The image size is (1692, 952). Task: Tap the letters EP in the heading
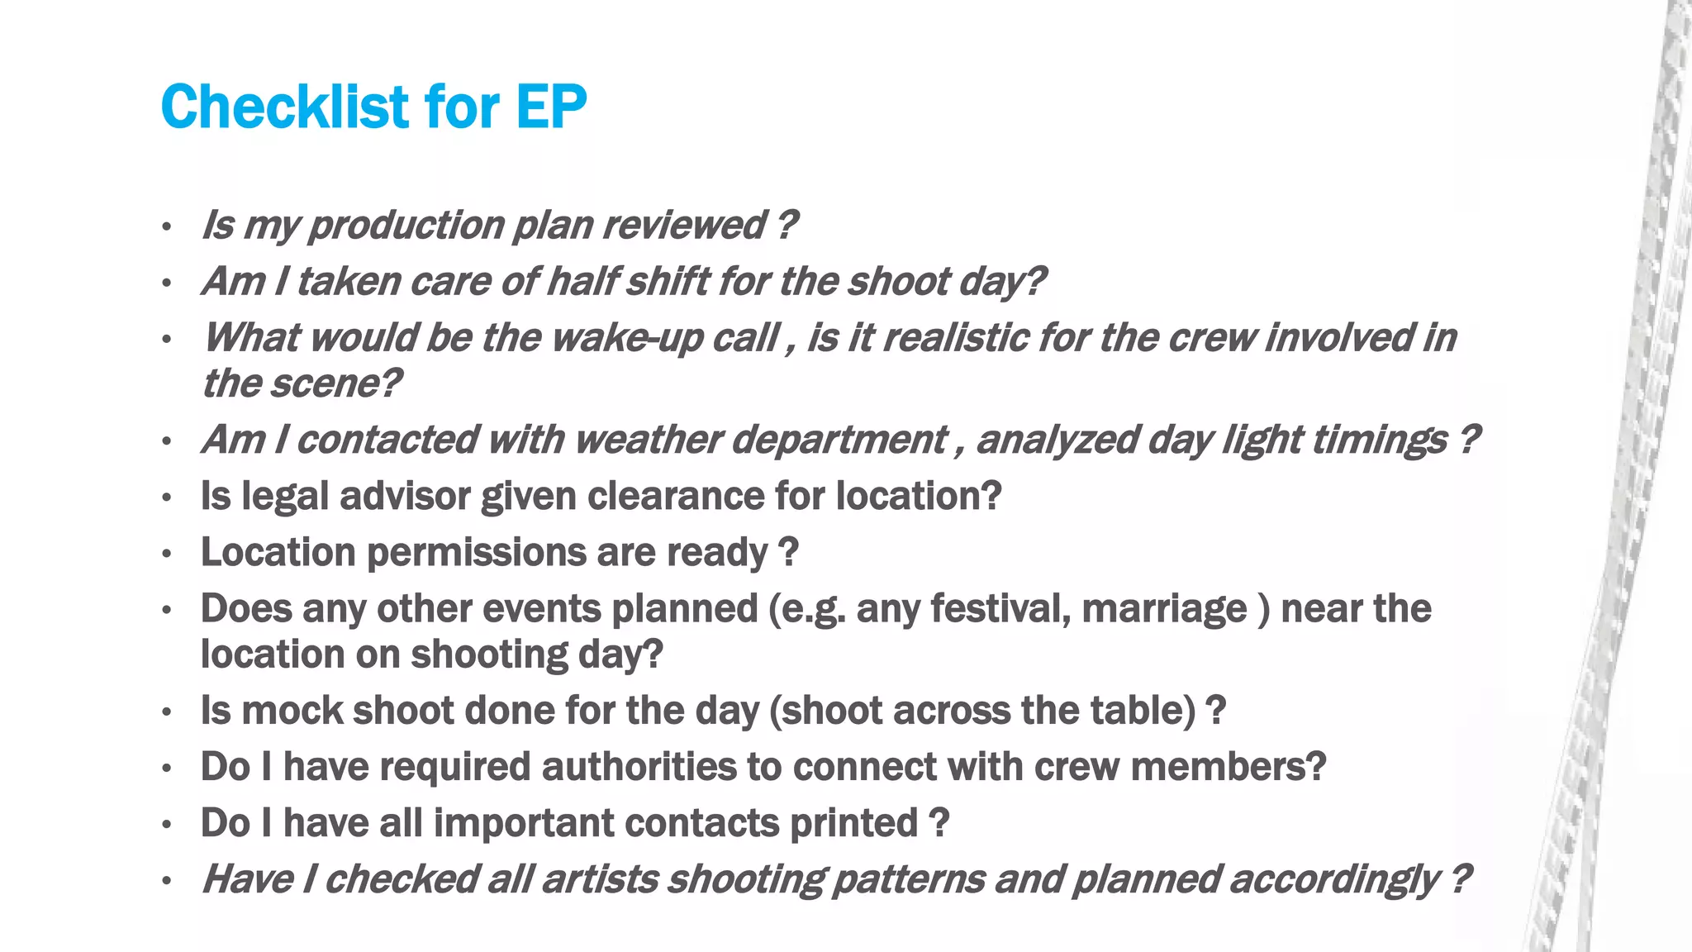tap(551, 107)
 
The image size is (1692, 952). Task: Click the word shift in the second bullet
tap(667, 282)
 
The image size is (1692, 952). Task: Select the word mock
tap(292, 711)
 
